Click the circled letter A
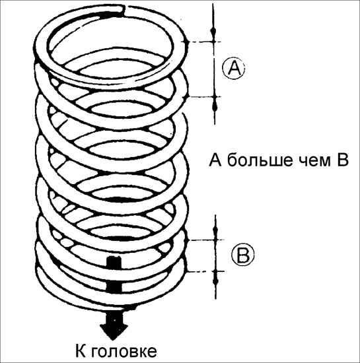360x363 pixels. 234,67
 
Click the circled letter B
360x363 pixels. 242,254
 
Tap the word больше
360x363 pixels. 260,160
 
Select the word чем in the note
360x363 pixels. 314,161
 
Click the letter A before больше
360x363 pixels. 215,160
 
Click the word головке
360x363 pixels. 124,352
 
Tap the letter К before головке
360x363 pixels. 81,350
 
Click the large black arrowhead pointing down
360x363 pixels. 114,325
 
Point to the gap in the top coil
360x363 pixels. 126,11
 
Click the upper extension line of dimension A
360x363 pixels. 202,42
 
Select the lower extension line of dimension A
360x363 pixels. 202,97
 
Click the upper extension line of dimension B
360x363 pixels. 205,240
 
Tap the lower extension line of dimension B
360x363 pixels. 205,271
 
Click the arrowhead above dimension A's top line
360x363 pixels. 213,32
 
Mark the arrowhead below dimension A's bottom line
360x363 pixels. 215,106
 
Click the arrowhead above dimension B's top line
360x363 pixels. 215,232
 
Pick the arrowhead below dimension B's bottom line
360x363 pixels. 216,280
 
